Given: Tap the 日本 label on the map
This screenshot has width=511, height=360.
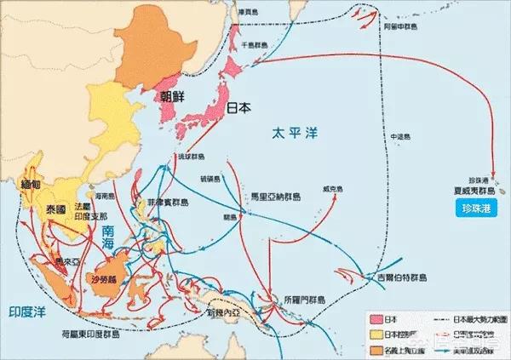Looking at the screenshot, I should [241, 108].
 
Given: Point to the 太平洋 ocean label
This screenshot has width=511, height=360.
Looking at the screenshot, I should [290, 133].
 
